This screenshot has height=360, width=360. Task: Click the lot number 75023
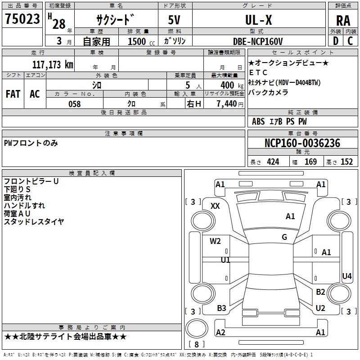[x=22, y=19]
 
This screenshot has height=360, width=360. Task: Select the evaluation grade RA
[x=343, y=20]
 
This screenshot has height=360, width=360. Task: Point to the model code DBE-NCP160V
[x=258, y=41]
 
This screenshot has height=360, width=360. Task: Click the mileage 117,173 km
[x=53, y=64]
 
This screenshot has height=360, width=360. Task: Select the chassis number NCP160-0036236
[x=302, y=143]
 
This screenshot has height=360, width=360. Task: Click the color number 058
[x=74, y=104]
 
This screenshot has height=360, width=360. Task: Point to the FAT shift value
[x=13, y=94]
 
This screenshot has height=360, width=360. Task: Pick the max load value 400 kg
[x=227, y=85]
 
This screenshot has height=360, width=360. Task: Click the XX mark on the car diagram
[x=215, y=206]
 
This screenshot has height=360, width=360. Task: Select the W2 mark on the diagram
[x=215, y=241]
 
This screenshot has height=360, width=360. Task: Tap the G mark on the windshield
[x=284, y=237]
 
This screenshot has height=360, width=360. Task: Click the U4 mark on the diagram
[x=346, y=276]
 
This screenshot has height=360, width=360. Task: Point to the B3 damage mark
[x=221, y=308]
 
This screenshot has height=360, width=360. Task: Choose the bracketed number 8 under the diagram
[x=196, y=345]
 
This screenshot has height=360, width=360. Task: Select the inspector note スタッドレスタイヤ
[x=34, y=221]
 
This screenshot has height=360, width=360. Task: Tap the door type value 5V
[x=175, y=20]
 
